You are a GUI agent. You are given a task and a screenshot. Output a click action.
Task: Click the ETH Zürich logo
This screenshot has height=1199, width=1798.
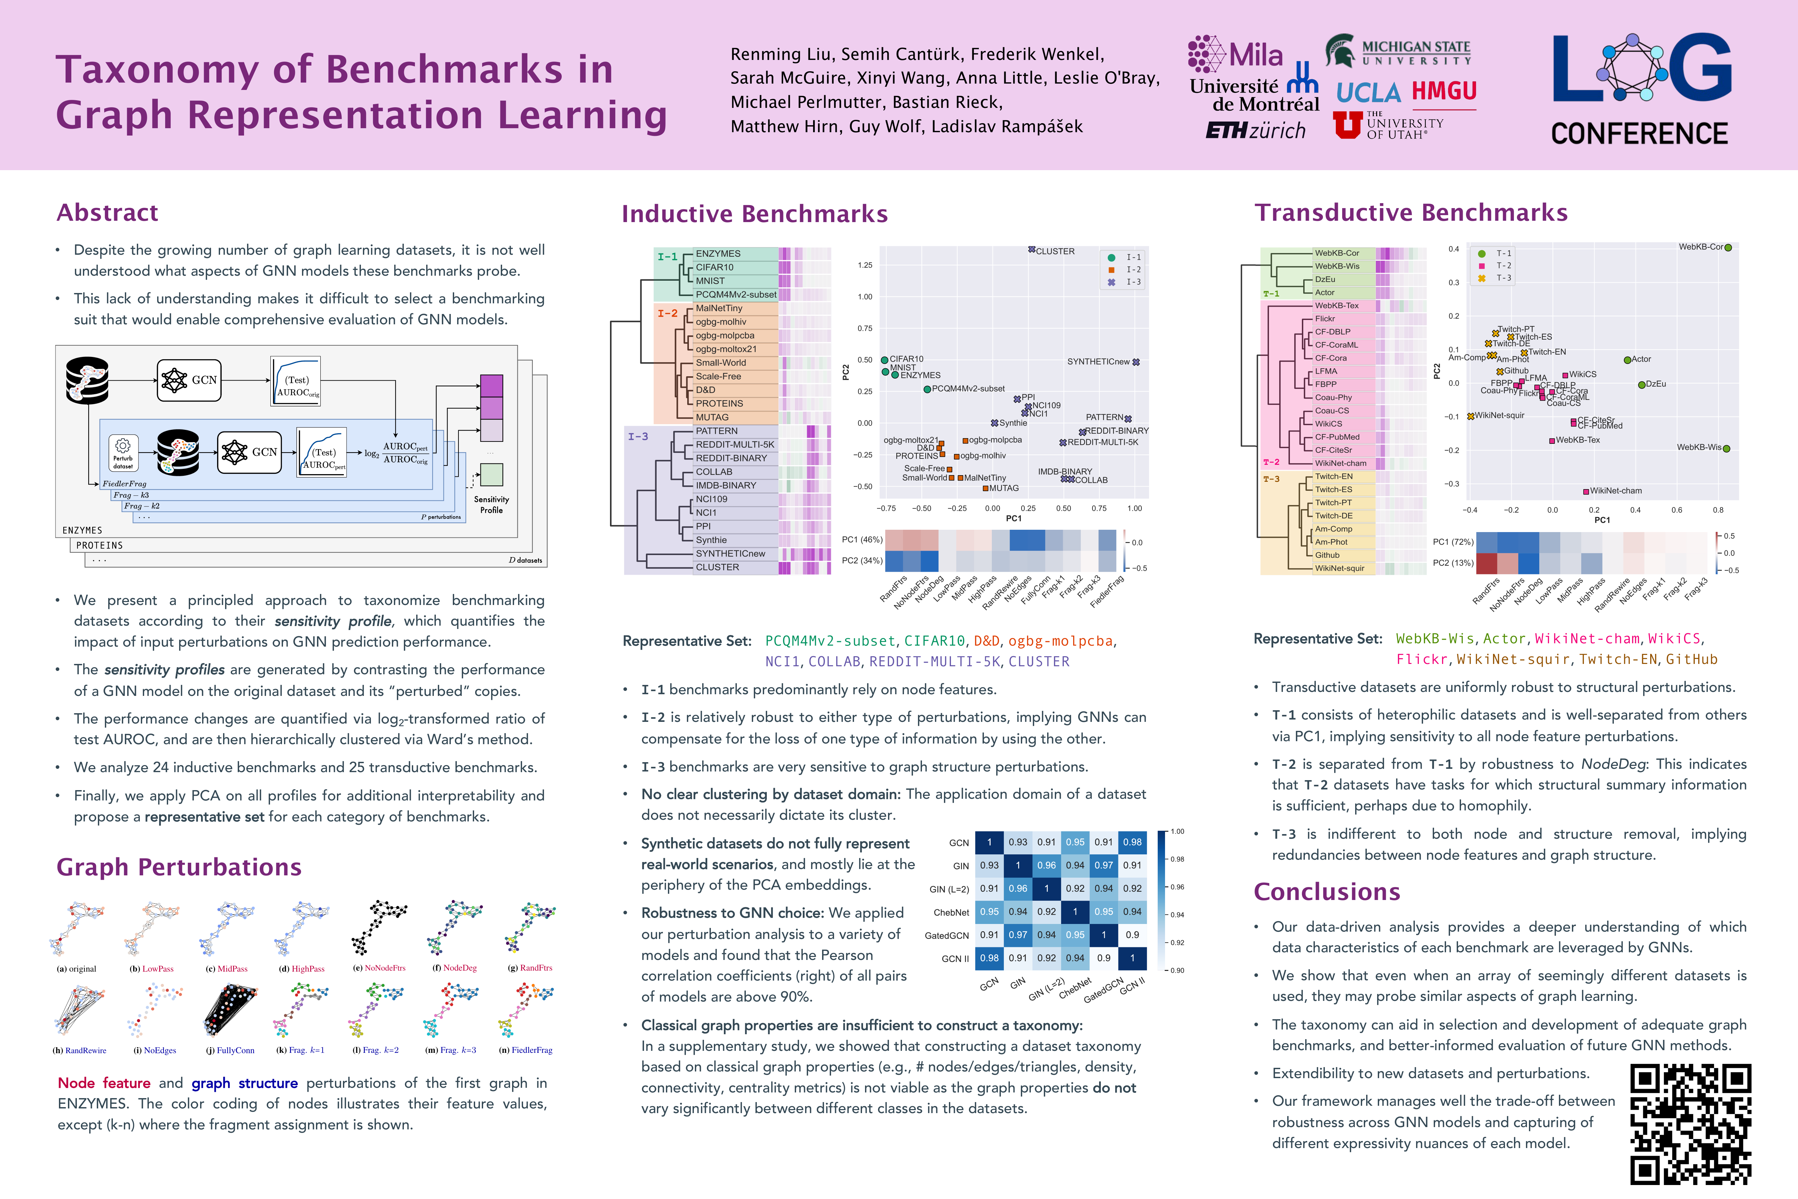[1255, 131]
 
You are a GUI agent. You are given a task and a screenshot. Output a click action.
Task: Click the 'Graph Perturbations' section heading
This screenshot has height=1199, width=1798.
[179, 867]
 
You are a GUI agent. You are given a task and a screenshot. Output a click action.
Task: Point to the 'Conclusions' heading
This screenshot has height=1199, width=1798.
[1327, 892]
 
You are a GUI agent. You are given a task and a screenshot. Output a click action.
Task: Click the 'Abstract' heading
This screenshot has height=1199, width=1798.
[108, 212]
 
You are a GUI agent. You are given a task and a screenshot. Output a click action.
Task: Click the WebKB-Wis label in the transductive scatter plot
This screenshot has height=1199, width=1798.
[1699, 447]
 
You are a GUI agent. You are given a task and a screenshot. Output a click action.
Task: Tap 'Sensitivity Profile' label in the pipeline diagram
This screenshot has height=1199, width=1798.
[491, 505]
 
